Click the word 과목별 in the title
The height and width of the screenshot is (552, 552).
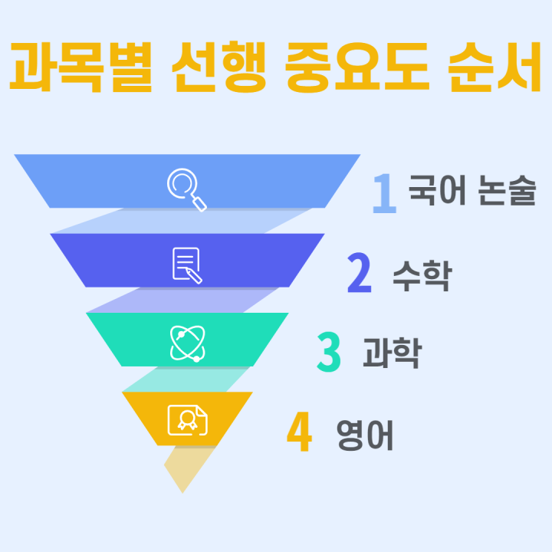pos(80,67)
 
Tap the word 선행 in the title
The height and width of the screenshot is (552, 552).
pos(219,67)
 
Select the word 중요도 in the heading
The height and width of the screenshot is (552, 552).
pos(357,67)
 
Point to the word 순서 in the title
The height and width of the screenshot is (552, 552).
pos(495,67)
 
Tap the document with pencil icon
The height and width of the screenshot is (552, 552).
pos(187,265)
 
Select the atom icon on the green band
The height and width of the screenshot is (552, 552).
pos(187,343)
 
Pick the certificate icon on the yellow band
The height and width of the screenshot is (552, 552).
pos(188,420)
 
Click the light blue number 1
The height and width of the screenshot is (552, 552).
pos(385,193)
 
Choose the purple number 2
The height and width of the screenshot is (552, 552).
pos(360,272)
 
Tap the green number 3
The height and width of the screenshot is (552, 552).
pos(329,352)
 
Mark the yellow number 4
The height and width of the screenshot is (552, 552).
pos(299,431)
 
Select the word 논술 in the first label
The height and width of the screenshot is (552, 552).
pos(507,190)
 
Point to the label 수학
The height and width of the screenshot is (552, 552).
pos(422,276)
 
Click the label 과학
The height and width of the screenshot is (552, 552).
pos(393,353)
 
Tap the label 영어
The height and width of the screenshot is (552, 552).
pos(365,435)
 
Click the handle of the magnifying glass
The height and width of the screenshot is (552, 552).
pos(199,205)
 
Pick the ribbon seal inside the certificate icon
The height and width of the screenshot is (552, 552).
pos(187,419)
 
